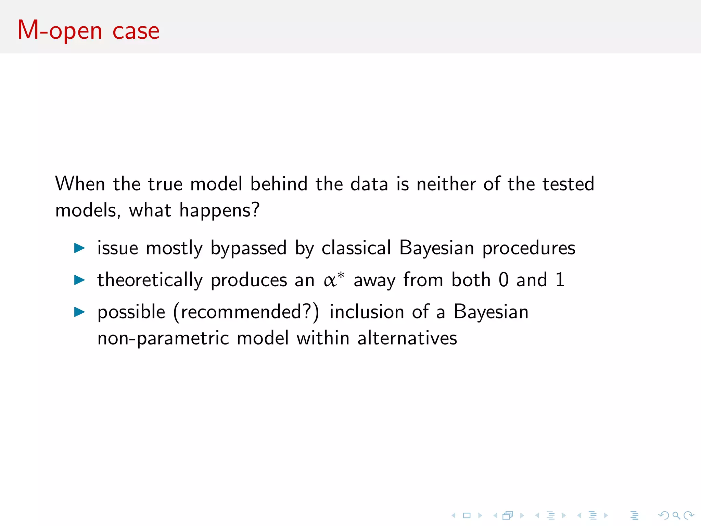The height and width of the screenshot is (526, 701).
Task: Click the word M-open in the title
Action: click(60, 31)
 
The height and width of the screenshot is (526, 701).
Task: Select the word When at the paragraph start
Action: click(80, 184)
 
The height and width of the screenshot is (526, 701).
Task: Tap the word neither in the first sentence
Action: click(446, 184)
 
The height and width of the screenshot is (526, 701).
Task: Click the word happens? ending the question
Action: click(219, 211)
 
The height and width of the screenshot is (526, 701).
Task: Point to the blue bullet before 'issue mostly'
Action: click(79, 248)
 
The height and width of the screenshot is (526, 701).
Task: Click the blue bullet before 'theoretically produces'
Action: click(79, 280)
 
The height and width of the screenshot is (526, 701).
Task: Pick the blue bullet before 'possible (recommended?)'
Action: click(79, 312)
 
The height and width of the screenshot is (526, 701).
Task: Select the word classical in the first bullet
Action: click(356, 248)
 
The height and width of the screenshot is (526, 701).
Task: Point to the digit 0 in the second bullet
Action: click(504, 280)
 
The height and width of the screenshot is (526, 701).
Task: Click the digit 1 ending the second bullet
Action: click(560, 280)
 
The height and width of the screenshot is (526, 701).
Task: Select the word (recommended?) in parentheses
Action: click(246, 312)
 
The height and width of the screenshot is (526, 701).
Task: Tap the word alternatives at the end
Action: click(407, 338)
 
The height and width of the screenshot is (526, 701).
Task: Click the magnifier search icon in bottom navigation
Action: click(676, 515)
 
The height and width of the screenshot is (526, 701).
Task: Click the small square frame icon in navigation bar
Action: click(467, 515)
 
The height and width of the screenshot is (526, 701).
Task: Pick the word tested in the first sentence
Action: click(568, 184)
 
